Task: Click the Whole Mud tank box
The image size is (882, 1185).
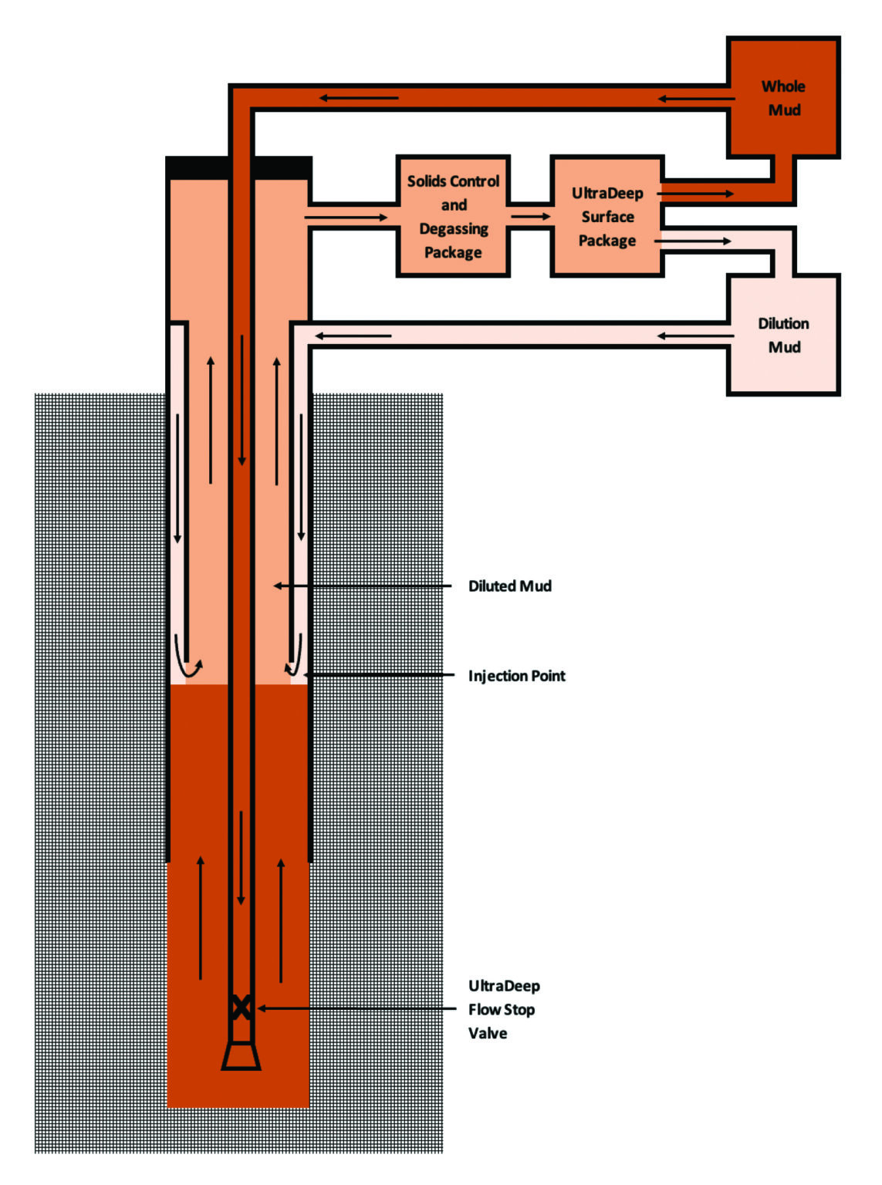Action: coord(783,98)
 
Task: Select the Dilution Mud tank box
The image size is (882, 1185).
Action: coord(783,335)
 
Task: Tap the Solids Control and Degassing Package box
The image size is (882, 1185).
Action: coord(453,217)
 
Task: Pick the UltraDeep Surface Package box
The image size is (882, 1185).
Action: coord(607,217)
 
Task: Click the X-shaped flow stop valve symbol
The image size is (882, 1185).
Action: coord(241,1008)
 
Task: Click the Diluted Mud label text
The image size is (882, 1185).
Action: coord(509,586)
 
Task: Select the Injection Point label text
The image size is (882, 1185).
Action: coord(516,676)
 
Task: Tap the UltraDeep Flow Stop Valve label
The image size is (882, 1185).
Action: coord(503,1009)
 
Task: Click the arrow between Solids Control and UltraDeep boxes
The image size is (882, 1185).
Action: coord(530,217)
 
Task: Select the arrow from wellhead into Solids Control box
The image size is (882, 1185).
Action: coord(346,218)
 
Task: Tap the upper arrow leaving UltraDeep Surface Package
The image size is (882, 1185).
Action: coord(695,194)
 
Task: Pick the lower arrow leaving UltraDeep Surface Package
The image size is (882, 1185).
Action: coord(693,241)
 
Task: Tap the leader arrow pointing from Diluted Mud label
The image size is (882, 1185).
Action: coord(363,586)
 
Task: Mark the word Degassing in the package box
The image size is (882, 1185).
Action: coord(453,229)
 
